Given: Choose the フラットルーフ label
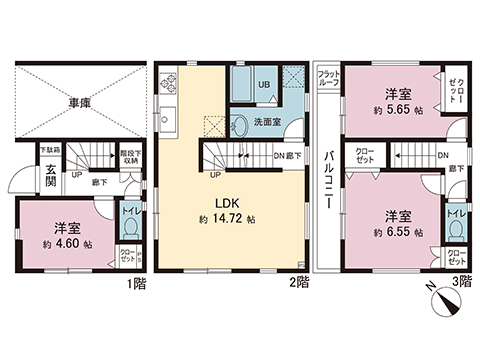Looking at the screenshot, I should pyautogui.click(x=328, y=79).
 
